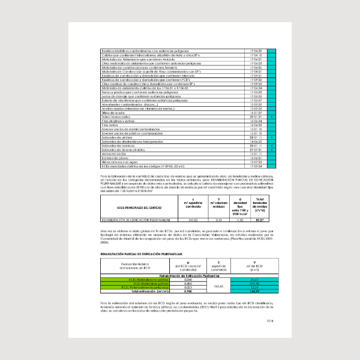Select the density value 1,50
point(241,220)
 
